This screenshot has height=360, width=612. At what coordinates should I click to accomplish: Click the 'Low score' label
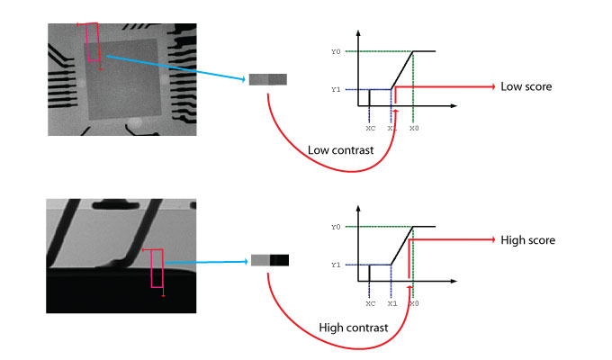[526, 86]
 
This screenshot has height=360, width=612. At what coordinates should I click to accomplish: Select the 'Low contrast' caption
[337, 149]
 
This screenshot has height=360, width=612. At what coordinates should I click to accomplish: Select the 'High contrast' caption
[353, 328]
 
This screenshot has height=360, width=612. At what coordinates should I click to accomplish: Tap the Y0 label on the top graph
[336, 51]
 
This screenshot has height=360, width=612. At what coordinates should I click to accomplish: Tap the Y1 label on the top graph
[336, 89]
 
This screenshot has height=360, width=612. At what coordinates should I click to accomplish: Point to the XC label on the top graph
[369, 129]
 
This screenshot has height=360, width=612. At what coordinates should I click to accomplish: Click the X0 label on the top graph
[414, 129]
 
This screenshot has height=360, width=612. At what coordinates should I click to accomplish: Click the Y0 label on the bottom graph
[336, 227]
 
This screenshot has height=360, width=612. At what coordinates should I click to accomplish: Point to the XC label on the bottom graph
[369, 304]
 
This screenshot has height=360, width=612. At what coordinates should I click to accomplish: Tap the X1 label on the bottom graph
[391, 304]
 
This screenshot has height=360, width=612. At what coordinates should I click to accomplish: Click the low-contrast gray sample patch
[268, 80]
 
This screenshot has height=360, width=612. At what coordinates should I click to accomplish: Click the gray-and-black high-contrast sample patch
[270, 260]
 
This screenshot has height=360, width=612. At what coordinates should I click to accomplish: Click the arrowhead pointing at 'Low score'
[491, 87]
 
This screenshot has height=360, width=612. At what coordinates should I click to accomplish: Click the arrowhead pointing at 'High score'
[491, 240]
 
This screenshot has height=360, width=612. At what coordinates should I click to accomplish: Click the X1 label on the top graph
[391, 129]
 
